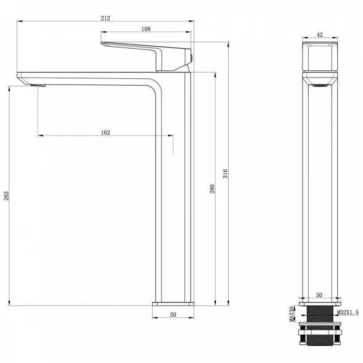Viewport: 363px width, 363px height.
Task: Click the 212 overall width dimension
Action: [105, 18]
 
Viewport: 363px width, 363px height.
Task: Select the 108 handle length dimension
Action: [146, 29]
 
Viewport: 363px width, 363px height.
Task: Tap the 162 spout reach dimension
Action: [105, 133]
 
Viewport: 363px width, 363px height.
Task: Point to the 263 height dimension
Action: [6, 195]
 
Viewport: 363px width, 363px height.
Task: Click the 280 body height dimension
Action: [212, 189]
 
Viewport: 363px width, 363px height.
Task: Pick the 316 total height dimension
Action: [225, 174]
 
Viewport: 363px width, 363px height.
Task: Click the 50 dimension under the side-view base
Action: [173, 314]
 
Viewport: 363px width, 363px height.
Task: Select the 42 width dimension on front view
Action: [320, 35]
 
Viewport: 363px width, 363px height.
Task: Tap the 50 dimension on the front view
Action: [319, 295]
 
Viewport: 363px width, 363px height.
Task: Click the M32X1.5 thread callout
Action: [348, 312]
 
